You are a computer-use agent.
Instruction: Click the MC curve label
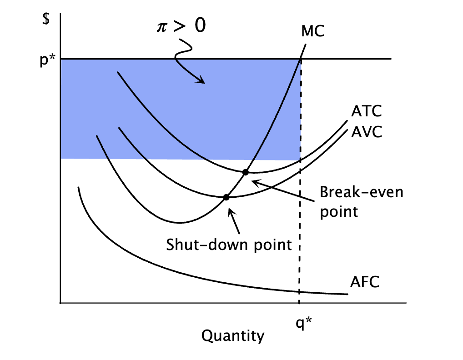coord(312,31)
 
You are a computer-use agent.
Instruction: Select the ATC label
coord(367,111)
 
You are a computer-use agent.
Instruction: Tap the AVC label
coord(367,132)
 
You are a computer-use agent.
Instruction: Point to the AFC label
coord(365,282)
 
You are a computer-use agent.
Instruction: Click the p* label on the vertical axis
coord(48,60)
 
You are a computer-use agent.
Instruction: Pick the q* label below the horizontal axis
coord(303,323)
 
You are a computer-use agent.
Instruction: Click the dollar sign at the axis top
coord(46,19)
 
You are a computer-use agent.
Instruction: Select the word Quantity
coord(233,336)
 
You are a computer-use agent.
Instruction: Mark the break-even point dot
coord(246,172)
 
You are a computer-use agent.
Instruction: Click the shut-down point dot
coord(226,197)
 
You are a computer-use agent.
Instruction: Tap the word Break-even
coord(362,192)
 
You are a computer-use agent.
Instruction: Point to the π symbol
coord(162,27)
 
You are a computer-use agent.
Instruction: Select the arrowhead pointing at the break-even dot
coord(255,183)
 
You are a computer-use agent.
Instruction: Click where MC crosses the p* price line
coord(301,59)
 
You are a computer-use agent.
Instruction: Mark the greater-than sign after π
coord(180,26)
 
